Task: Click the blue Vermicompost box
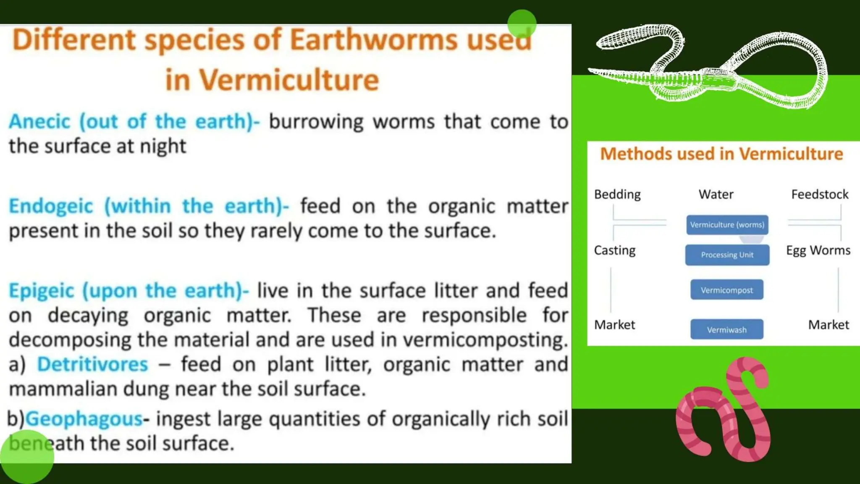click(726, 290)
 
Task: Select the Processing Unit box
click(727, 255)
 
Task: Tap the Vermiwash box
click(726, 330)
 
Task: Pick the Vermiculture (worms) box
click(727, 225)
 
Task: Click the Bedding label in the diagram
click(617, 195)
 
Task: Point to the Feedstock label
click(820, 195)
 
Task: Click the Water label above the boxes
click(716, 195)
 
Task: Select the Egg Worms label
click(818, 250)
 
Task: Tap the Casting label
click(614, 250)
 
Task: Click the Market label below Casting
click(614, 325)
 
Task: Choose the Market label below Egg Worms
click(829, 325)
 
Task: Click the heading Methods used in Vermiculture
click(721, 154)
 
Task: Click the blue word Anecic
click(40, 122)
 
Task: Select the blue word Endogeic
click(51, 206)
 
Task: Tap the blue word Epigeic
click(41, 291)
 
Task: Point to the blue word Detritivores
click(92, 364)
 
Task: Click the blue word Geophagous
click(84, 419)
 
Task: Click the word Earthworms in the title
click(373, 40)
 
